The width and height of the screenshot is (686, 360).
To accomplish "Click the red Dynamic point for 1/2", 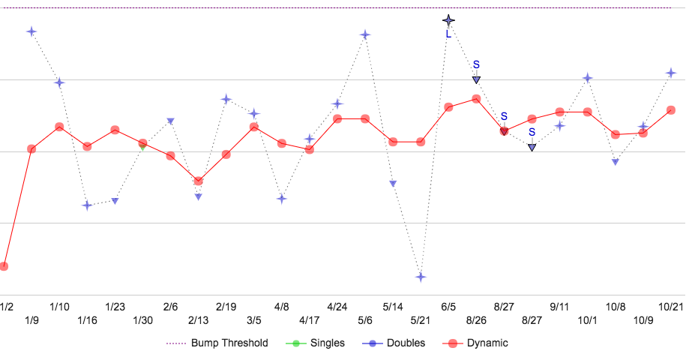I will (x=4, y=266).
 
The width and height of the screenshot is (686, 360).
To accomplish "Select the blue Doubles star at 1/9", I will (x=31, y=31).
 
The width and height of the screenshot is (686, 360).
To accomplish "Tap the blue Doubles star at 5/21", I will (x=421, y=277).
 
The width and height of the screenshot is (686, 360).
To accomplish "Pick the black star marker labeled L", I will (x=448, y=20).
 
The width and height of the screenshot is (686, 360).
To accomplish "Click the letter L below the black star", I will (x=448, y=34).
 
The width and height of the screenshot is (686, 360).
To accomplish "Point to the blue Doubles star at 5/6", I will (x=365, y=35).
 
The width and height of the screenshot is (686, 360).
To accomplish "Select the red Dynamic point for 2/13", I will (x=198, y=181).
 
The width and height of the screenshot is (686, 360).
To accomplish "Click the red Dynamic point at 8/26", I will (x=476, y=98).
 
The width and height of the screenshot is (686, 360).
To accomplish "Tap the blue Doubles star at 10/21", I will (x=671, y=73).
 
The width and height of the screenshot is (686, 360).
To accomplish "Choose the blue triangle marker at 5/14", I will (x=393, y=183).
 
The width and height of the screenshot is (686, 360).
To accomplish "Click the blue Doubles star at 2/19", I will (x=226, y=99).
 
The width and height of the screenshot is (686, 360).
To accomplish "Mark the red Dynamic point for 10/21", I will (x=671, y=109).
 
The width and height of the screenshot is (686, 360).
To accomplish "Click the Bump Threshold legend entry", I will (x=217, y=343).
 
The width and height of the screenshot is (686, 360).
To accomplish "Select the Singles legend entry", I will (x=316, y=343).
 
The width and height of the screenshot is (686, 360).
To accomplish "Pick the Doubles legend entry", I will (x=397, y=343).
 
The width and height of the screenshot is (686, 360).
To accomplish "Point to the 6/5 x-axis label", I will (x=448, y=307).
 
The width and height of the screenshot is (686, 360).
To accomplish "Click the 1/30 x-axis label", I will (x=142, y=320).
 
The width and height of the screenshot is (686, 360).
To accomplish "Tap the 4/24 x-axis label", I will (x=337, y=307).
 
